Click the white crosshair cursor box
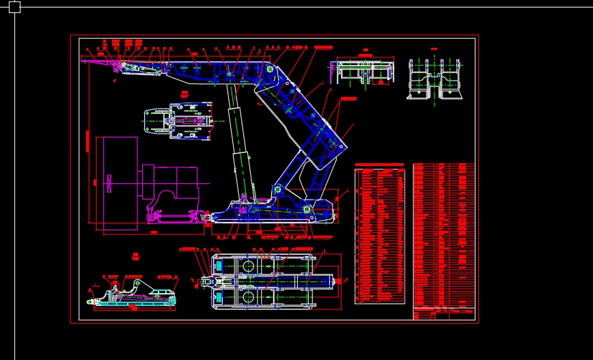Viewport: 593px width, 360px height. coord(14,7)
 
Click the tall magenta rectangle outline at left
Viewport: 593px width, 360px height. coord(120,182)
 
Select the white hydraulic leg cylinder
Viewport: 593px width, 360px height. coord(238,143)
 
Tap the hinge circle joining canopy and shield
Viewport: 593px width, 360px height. coord(271,68)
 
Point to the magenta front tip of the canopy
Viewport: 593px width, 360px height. coord(96,62)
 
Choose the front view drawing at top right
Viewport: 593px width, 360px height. coord(435,79)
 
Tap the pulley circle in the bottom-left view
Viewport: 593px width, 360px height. coord(137,283)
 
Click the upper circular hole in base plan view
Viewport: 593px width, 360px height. coord(247,266)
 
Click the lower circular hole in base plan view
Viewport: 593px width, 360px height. coord(247,296)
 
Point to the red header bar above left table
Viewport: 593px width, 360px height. coord(379,165)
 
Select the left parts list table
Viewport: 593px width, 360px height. coord(380,236)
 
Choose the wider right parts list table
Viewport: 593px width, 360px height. coord(443,236)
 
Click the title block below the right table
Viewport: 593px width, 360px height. coord(443,314)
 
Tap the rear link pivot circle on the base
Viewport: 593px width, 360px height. coord(307,208)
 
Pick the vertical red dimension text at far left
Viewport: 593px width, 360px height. coord(87,141)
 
